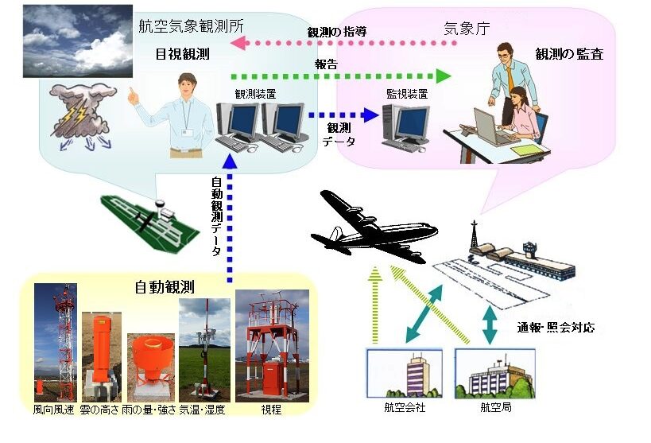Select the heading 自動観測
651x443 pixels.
click(170, 286)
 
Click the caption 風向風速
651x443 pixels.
click(53, 410)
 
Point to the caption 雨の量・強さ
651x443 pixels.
click(152, 410)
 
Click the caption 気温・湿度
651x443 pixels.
click(202, 410)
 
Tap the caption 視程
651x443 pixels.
click(271, 410)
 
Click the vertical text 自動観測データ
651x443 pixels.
click(216, 216)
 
